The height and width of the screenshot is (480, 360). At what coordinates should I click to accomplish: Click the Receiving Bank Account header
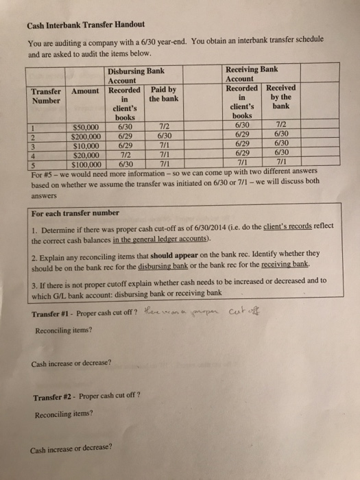click(x=252, y=73)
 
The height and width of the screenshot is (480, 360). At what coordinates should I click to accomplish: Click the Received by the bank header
click(x=280, y=93)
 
